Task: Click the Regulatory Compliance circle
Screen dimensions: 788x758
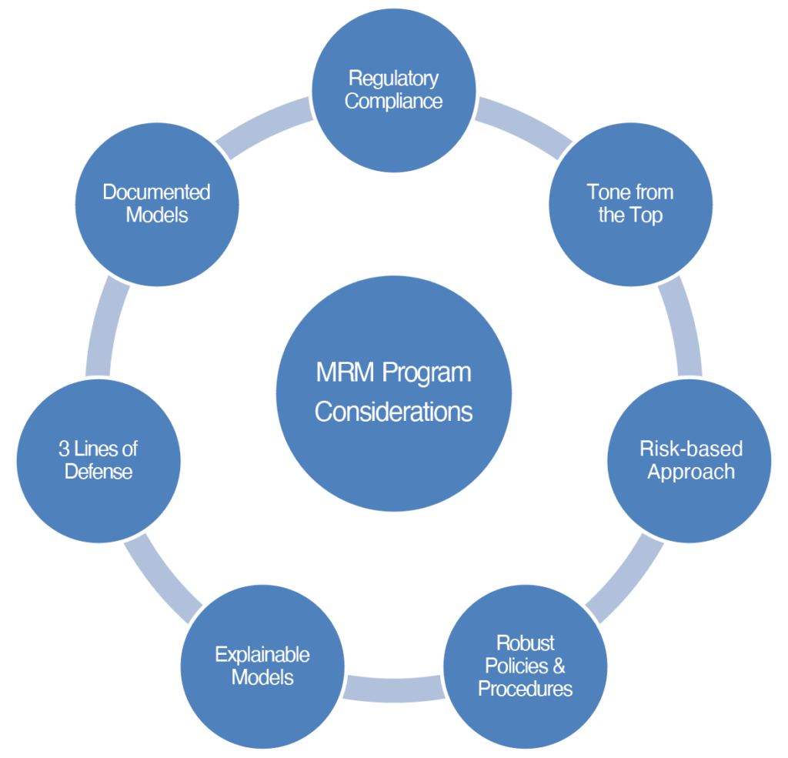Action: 394,91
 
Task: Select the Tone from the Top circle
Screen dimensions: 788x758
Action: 631,205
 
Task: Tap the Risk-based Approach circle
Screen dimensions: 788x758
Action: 689,461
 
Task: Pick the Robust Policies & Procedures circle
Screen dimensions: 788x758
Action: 525,666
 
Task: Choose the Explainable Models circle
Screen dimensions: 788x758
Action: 262,666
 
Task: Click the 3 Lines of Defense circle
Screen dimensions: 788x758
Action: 98,461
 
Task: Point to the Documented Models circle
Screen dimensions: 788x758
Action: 157,205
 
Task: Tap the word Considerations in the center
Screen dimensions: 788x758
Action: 393,412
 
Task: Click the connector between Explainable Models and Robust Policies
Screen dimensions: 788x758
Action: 394,690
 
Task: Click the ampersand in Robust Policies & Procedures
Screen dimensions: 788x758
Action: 559,666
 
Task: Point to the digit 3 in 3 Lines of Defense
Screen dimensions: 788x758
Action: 64,449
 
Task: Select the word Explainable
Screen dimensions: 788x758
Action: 262,656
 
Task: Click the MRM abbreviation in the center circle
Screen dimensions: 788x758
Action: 345,372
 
